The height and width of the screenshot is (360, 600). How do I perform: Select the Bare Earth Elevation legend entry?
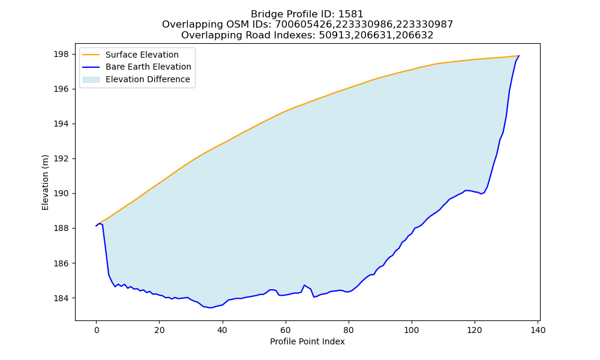tap(137, 67)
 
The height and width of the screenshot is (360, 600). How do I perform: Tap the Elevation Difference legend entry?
tap(136, 79)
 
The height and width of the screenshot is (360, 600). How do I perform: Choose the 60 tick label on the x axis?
tap(286, 330)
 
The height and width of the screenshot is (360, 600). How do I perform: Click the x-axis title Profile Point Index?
tap(307, 341)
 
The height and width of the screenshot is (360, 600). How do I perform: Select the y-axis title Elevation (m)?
tap(45, 182)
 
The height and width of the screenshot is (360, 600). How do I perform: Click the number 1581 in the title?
tap(351, 14)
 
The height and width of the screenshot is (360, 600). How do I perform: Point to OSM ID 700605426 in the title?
tap(304, 25)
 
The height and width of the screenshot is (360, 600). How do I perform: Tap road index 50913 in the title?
tap(334, 35)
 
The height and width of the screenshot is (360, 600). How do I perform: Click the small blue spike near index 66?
tap(304, 286)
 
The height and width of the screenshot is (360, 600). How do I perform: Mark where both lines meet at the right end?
tap(519, 56)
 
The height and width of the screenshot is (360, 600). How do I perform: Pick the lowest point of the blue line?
tap(209, 308)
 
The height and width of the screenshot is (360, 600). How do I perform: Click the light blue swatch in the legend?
tap(91, 80)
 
